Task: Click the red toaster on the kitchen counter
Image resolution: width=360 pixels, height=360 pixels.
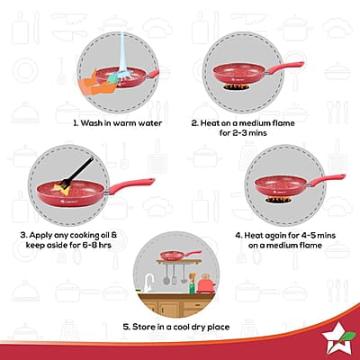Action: (206, 285)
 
